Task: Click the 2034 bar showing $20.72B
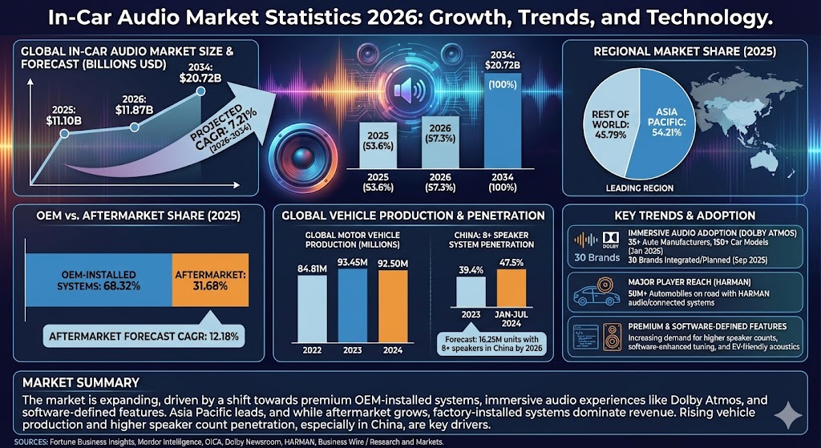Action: point(504,120)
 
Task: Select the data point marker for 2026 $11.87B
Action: point(135,127)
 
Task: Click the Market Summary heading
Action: point(81,382)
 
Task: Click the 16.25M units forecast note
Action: point(490,343)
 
